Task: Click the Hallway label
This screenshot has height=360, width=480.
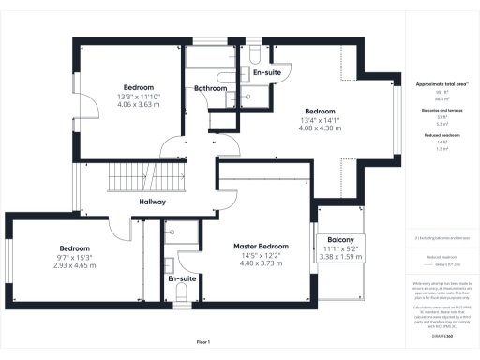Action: [153, 202]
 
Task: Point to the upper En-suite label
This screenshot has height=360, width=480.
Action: [266, 71]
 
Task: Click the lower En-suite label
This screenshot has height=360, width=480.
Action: [181, 278]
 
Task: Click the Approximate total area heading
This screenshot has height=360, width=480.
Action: [442, 83]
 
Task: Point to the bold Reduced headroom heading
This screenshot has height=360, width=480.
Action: [442, 136]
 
